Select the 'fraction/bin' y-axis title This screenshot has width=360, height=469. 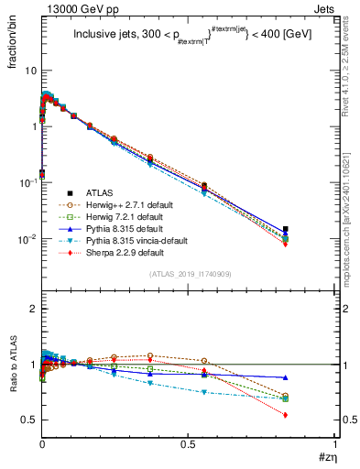pos(19,37)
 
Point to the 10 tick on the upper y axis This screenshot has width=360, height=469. pos(30,71)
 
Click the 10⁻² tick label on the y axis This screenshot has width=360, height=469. pos(27,239)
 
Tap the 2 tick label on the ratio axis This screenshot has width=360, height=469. pos(33,310)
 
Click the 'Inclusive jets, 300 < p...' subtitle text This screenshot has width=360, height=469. pos(183,37)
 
